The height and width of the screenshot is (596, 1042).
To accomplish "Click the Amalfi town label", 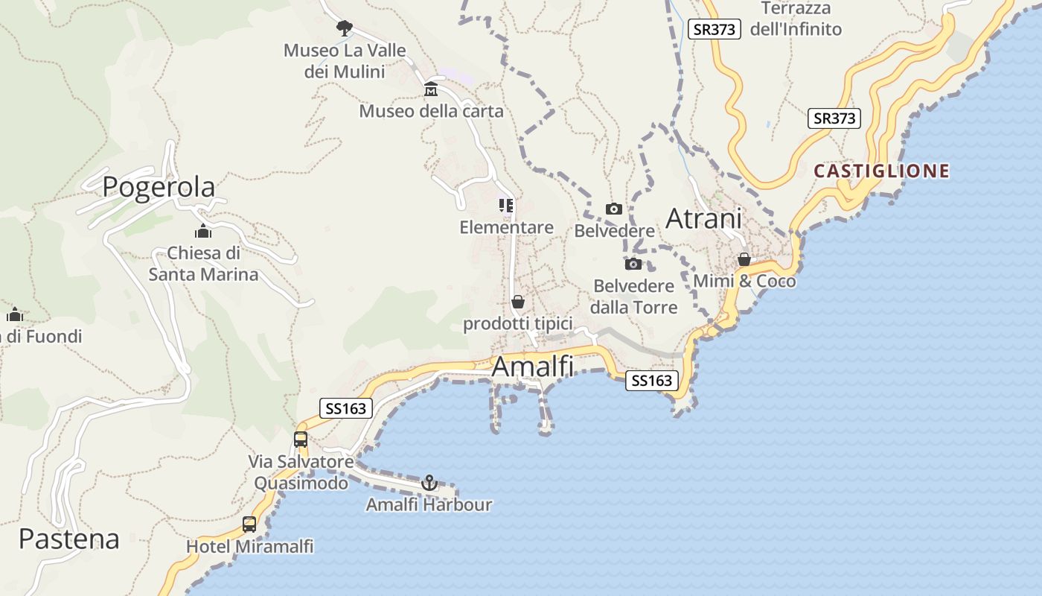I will coord(533,367).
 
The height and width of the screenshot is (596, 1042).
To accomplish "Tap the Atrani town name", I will coord(703,218).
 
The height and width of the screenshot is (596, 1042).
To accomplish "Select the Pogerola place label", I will coord(159,186).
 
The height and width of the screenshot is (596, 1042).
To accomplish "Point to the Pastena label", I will coord(68,539).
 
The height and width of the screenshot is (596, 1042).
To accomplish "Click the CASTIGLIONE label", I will coord(881,171).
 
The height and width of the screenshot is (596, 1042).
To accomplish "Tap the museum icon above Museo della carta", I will coord(431,90).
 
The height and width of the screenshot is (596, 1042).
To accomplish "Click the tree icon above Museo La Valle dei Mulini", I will coord(344,28).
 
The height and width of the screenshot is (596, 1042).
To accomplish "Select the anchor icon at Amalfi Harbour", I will coord(429,483).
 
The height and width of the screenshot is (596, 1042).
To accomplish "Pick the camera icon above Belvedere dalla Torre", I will coord(633,264).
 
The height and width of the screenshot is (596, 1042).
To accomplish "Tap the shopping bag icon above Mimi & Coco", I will coord(744,259).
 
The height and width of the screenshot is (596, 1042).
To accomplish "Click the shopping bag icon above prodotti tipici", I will coord(518,302).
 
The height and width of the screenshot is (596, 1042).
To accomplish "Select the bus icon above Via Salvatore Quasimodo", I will coord(301,440).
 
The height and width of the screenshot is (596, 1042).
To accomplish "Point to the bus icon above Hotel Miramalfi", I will coord(249,524).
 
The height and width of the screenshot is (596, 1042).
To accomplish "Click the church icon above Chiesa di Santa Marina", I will coord(203,231).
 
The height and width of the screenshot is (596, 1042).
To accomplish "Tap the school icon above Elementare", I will coord(507,205).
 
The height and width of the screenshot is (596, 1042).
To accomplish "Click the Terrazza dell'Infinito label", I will coord(796,19).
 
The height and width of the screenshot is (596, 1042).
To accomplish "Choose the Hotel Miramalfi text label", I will coord(249,547).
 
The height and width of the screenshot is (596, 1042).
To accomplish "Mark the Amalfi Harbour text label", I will coord(429,505).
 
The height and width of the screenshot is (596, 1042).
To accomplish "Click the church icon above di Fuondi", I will coord(14,314).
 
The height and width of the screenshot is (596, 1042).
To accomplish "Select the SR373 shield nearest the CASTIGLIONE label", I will coord(834,118).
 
